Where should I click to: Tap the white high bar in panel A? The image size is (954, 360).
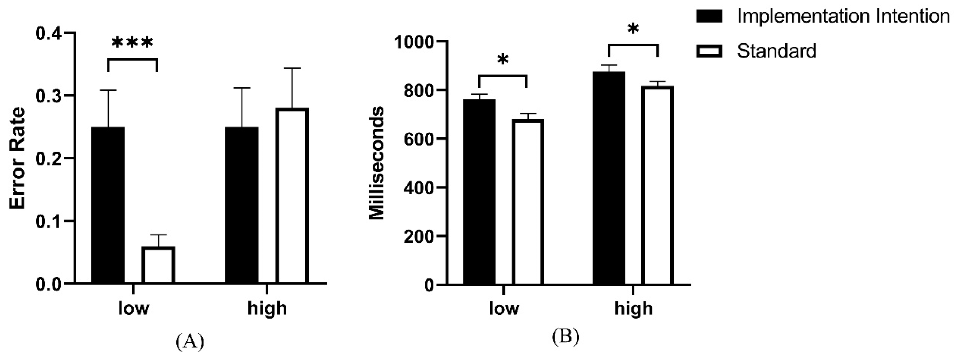click(x=292, y=196)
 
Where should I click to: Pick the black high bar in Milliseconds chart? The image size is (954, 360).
click(x=608, y=178)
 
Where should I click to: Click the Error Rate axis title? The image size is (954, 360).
click(x=17, y=158)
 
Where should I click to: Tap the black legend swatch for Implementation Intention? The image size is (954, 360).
click(x=709, y=17)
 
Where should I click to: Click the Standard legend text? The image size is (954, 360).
click(x=776, y=51)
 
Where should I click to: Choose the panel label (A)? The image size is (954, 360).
click(x=190, y=341)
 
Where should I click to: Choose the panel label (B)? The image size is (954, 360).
click(x=566, y=337)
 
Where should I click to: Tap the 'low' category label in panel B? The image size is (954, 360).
click(x=504, y=308)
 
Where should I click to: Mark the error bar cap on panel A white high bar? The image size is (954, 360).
click(x=292, y=68)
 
